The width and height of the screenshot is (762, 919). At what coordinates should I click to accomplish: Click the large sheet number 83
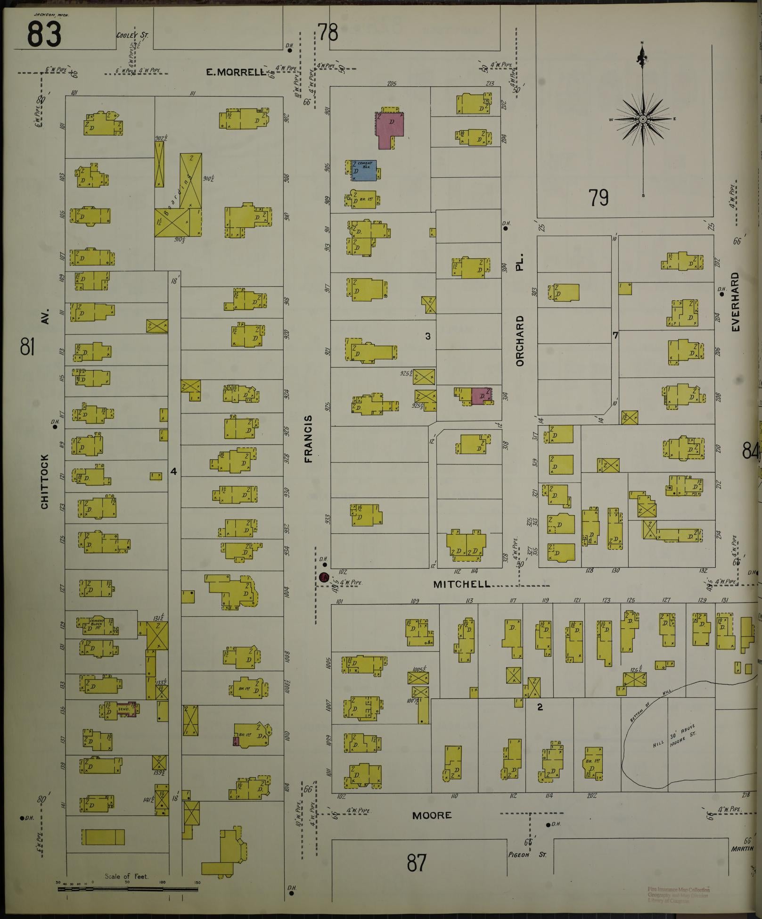(44, 34)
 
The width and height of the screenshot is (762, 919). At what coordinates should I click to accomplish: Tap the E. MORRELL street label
(236, 72)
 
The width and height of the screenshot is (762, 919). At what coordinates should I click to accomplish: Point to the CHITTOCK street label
(45, 481)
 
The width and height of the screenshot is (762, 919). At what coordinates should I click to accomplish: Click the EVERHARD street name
(735, 302)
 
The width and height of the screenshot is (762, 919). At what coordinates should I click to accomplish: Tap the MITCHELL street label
(462, 584)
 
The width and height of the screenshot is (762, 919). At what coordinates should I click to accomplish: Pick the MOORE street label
(432, 815)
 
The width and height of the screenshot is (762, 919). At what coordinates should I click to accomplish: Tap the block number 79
(598, 198)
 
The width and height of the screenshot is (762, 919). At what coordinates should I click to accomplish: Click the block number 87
(417, 862)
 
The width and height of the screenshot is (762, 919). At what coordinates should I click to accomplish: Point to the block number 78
(328, 33)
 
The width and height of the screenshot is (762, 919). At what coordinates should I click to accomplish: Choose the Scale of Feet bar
(127, 889)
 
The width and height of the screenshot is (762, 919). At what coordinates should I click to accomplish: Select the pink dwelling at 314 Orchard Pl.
(481, 396)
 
